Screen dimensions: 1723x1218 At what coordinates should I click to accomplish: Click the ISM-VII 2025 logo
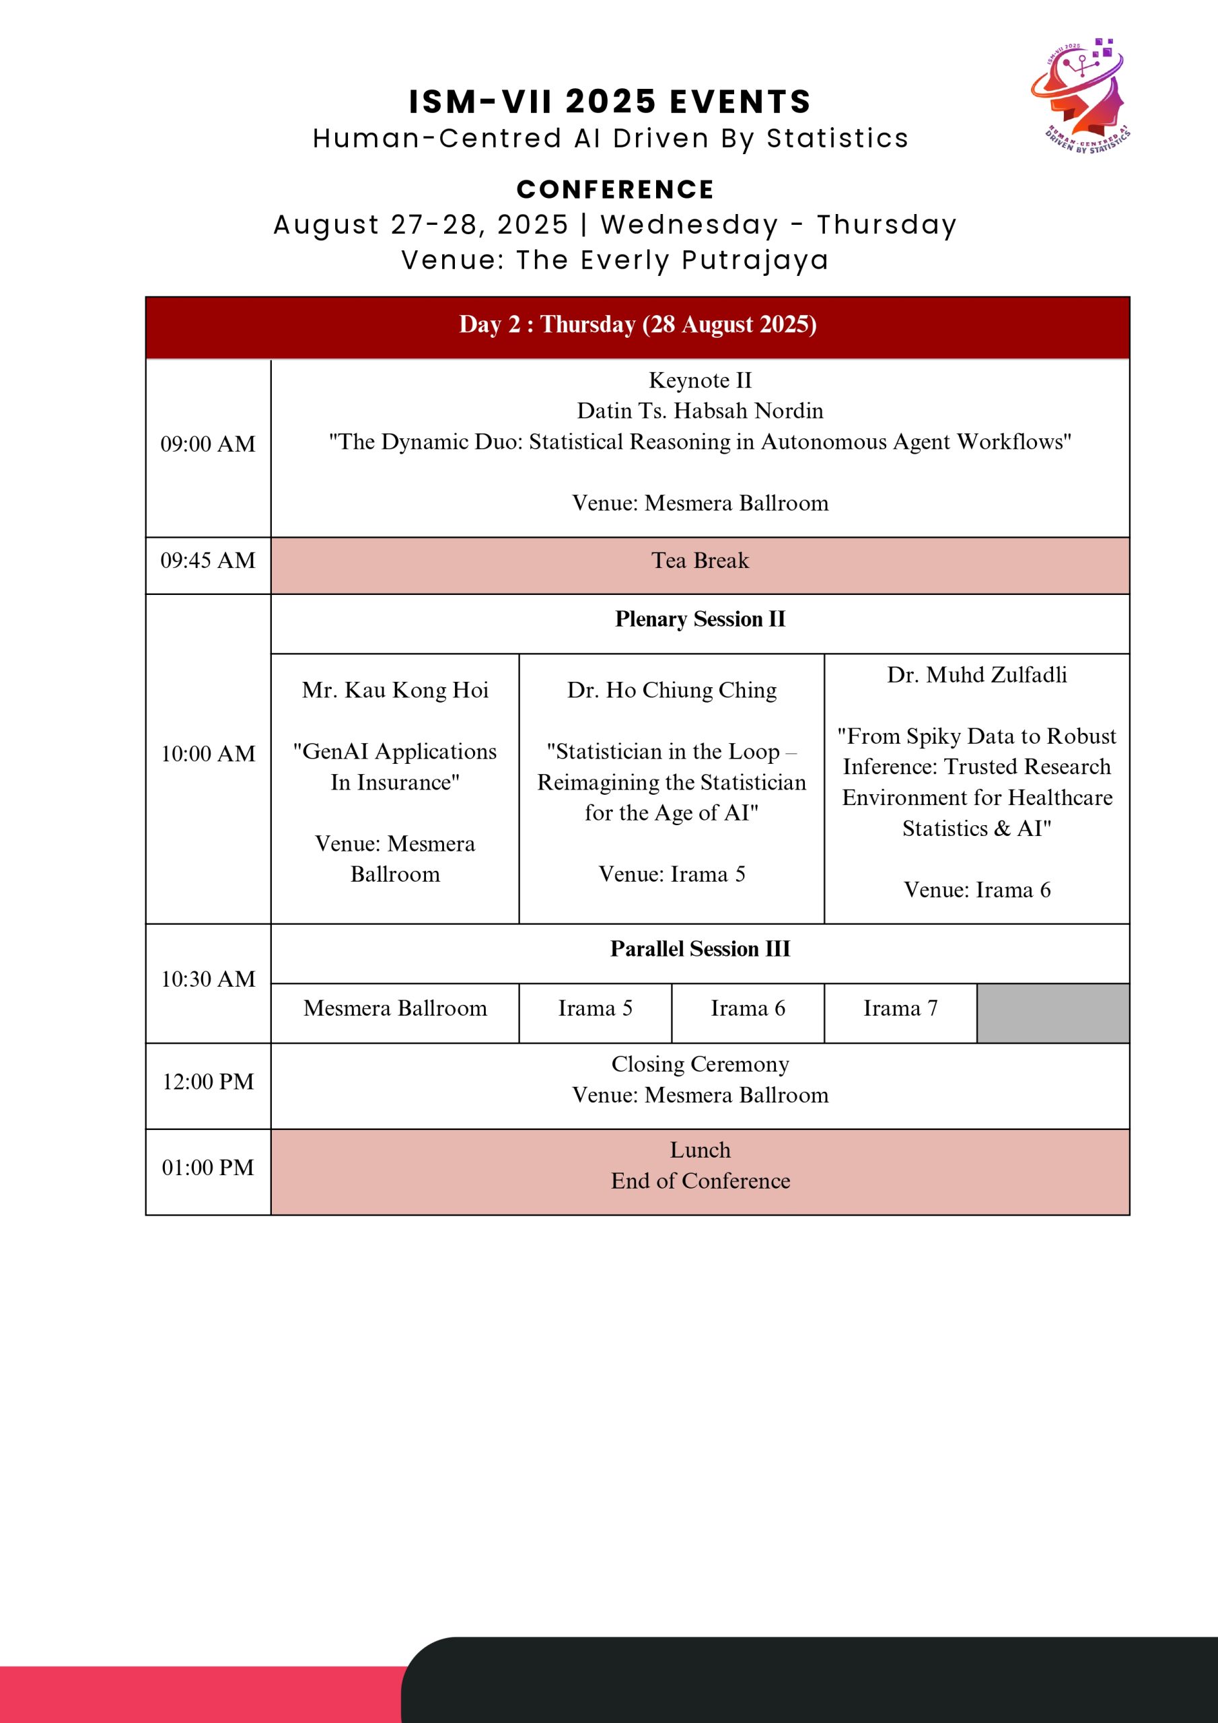1081,96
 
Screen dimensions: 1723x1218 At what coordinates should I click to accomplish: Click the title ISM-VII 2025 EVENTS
610,102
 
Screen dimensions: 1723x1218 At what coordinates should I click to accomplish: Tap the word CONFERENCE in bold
614,190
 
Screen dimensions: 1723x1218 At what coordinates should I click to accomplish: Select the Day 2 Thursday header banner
637,325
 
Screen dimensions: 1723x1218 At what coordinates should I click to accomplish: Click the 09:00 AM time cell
208,444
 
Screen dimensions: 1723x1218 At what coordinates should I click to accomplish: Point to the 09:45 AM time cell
208,561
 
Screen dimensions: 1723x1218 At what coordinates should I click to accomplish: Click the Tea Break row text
699,561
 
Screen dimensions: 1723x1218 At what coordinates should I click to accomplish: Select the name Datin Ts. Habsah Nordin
699,411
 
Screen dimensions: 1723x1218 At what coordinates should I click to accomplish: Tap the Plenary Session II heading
699,619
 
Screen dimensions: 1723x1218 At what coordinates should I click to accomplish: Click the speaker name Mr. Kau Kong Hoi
395,691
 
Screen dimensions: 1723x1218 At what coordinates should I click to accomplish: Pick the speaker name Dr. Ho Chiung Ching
672,691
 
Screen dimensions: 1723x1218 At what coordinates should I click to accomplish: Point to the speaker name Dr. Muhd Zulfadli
976,674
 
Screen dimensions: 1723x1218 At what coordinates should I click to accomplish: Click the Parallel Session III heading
699,949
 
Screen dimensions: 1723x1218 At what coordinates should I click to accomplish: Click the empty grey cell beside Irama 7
1053,1013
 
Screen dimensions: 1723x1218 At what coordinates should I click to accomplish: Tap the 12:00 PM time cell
208,1082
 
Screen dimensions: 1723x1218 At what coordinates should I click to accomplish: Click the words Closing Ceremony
699,1064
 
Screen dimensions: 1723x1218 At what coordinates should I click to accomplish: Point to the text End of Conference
699,1181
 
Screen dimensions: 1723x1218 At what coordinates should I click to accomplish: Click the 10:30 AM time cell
208,979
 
